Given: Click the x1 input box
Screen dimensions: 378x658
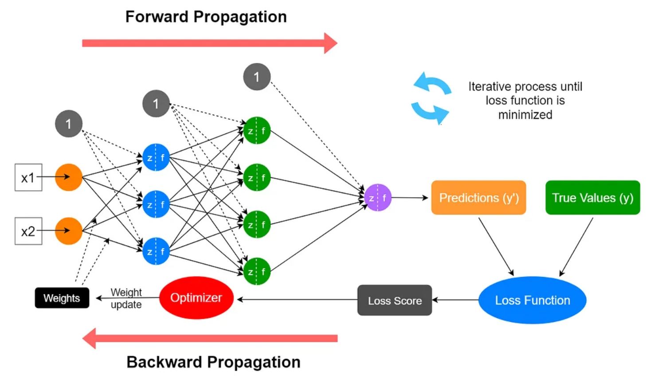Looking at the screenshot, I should point(28,177).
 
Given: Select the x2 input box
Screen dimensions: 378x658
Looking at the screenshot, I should point(28,231).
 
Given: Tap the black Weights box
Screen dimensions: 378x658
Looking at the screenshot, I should point(62,298).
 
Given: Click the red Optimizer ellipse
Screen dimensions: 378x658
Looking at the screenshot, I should point(196,298).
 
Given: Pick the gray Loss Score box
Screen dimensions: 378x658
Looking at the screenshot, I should point(395,300).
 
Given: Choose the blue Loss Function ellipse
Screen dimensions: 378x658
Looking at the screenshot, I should point(532,300).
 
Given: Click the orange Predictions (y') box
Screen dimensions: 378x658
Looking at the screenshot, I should point(478,198).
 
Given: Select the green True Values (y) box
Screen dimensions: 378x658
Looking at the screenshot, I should point(592,198).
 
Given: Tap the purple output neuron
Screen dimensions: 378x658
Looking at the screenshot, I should point(378,198).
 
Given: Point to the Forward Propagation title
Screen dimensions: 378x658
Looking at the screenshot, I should point(206,17).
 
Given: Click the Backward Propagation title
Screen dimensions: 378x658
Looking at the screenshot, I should point(213,362).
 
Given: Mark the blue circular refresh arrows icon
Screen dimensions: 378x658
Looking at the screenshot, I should point(431,98).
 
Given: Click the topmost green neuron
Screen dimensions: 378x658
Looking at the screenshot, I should point(257,131).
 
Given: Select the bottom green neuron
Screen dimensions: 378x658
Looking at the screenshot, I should point(257,271).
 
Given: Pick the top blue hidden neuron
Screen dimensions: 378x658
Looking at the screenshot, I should point(156,157).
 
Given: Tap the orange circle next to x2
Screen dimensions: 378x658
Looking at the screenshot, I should point(69,231).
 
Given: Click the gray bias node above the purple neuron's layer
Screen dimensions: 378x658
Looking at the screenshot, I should point(257,77).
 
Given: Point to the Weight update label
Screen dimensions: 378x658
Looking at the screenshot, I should point(126,298).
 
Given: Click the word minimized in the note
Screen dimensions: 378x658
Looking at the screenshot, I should point(525,115).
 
